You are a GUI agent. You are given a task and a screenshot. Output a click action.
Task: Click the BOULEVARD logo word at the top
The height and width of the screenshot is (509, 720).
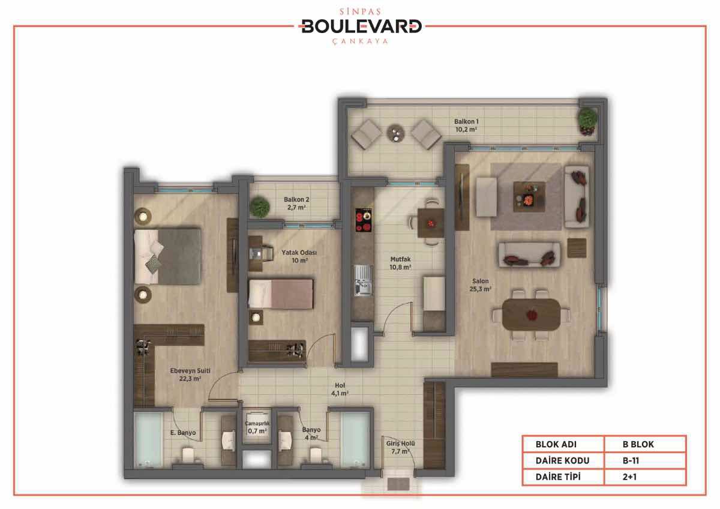tap(361, 26)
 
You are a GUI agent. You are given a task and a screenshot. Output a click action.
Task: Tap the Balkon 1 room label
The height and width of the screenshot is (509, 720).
tap(466, 125)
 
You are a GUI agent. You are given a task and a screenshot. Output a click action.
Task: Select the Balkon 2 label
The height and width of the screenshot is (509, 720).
tap(296, 203)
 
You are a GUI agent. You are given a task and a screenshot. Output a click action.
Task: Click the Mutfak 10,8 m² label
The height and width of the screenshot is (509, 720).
tap(401, 263)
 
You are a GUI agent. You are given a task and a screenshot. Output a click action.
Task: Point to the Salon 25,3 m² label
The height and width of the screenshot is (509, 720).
tap(480, 285)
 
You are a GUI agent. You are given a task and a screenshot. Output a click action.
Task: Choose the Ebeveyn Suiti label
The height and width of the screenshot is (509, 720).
tap(190, 375)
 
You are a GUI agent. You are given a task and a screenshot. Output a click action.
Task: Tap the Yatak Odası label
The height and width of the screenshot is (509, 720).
tap(299, 256)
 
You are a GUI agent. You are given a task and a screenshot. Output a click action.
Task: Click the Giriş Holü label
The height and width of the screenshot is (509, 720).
tap(401, 447)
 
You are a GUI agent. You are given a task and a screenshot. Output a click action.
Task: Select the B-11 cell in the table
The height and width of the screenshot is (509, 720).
tap(631, 461)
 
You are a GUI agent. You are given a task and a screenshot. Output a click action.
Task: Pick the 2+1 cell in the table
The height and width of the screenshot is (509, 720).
tap(629, 477)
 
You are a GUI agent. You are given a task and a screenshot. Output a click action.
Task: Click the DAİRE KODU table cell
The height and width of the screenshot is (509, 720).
tap(563, 461)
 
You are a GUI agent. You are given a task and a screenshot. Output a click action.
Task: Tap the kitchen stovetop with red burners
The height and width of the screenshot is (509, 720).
tap(364, 220)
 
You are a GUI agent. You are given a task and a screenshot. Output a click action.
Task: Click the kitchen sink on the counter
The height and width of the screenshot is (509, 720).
tap(364, 280)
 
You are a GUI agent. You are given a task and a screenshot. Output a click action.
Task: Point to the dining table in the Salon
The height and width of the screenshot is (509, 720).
tap(532, 315)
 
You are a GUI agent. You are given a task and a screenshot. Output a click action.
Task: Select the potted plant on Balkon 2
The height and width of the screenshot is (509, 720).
tap(260, 208)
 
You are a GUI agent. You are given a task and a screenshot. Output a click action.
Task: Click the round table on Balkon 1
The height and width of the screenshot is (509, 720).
tap(396, 133)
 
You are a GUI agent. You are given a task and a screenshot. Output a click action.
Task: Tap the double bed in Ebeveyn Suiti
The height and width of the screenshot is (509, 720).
tap(167, 256)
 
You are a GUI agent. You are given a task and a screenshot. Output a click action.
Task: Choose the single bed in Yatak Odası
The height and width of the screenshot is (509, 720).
tap(281, 294)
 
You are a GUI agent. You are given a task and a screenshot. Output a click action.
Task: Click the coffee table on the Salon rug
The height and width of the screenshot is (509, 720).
tap(529, 196)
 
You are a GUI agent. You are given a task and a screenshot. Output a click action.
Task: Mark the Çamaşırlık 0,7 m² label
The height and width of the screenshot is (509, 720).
tap(257, 427)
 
